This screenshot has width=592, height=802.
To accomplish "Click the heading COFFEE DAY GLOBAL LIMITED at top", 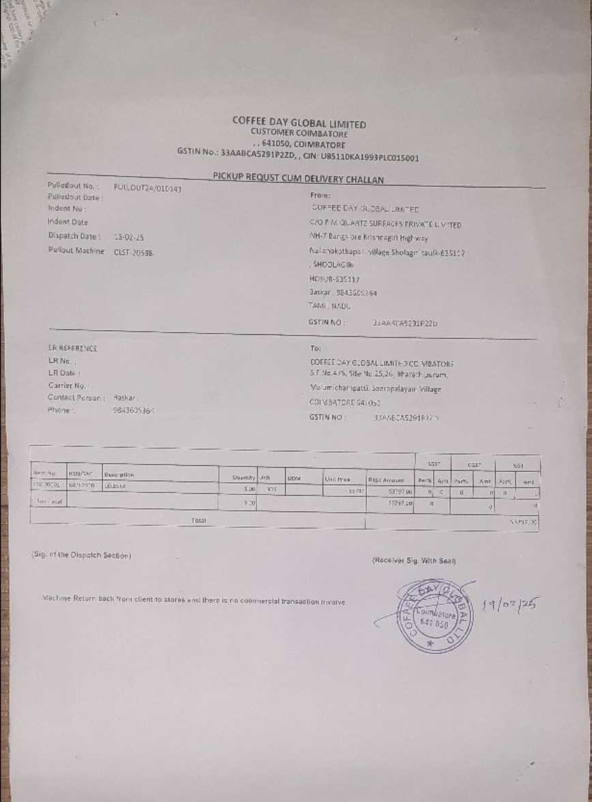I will [x=299, y=123].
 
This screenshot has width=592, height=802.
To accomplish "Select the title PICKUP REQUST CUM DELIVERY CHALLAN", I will [x=298, y=179].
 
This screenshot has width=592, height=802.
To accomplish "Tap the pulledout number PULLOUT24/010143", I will [x=147, y=188].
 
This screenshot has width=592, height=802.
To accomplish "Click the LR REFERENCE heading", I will [x=72, y=348].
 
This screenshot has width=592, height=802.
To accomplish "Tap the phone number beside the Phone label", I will [x=133, y=411].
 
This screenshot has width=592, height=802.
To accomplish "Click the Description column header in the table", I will [x=119, y=474].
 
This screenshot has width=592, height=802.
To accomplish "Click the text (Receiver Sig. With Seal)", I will [x=413, y=560].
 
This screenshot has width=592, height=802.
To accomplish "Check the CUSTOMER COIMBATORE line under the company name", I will [x=299, y=134].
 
